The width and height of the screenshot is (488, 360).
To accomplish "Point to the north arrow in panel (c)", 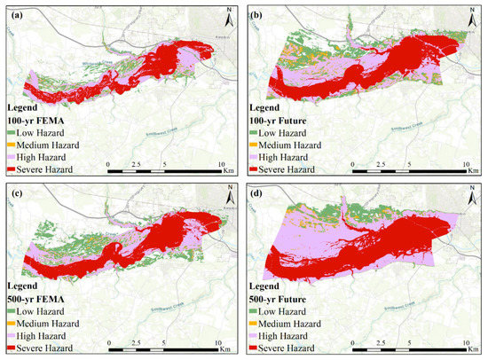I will click(228, 195).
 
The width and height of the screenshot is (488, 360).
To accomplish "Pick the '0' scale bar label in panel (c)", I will click(107, 341).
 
